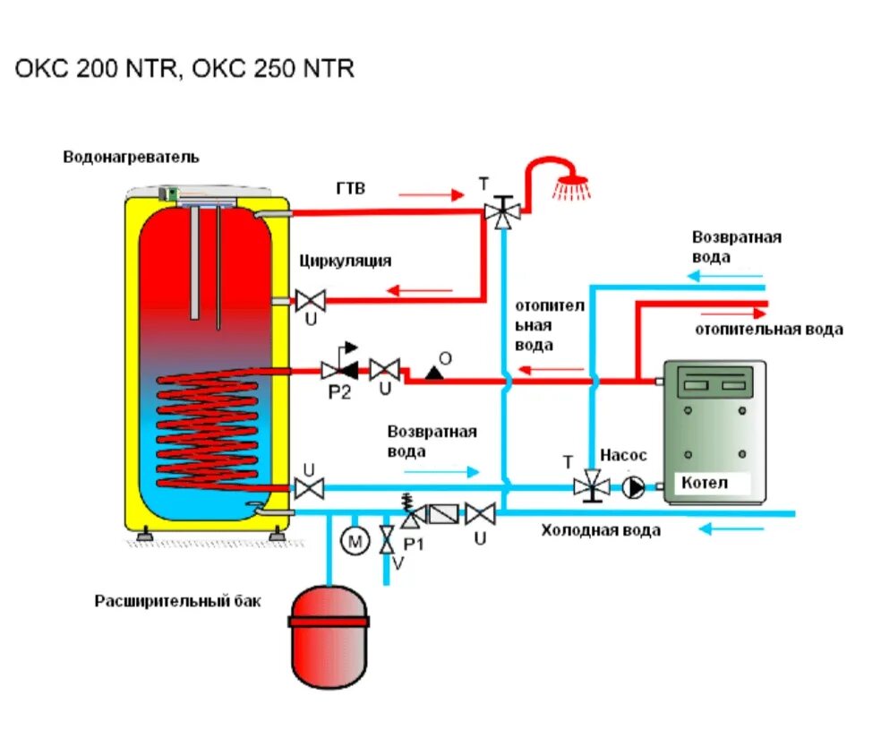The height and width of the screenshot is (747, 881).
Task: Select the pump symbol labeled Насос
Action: pyautogui.click(x=634, y=487)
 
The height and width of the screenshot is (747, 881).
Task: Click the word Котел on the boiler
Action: pyautogui.click(x=705, y=483)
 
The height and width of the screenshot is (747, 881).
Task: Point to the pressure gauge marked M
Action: pyautogui.click(x=355, y=542)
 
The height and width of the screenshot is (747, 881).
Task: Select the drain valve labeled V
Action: pyautogui.click(x=387, y=541)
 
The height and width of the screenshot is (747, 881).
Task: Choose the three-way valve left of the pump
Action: pyautogui.click(x=591, y=486)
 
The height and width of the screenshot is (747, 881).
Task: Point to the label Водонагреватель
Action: pyautogui.click(x=131, y=158)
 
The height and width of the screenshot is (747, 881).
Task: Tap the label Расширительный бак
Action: pyautogui.click(x=178, y=601)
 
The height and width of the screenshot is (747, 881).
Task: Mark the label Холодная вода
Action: pyautogui.click(x=600, y=530)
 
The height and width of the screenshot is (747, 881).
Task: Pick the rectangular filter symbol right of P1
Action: pyautogui.click(x=443, y=514)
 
